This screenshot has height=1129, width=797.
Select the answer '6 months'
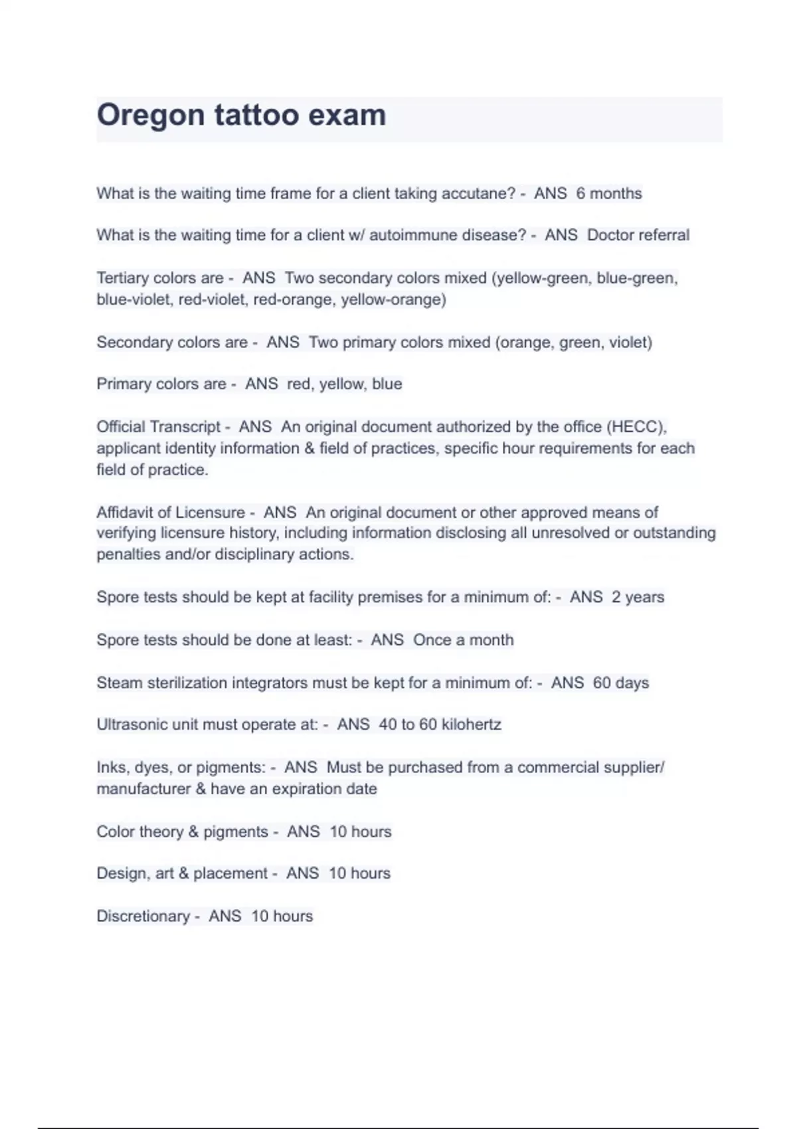coord(609,193)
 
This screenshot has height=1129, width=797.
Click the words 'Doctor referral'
coord(638,235)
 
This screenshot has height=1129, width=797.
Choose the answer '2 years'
coord(638,597)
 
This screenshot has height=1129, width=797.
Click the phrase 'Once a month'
coord(463,640)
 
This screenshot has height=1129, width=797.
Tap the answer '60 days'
coord(620,683)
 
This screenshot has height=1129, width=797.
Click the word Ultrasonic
coord(132,724)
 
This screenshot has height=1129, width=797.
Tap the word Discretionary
coord(143,916)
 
